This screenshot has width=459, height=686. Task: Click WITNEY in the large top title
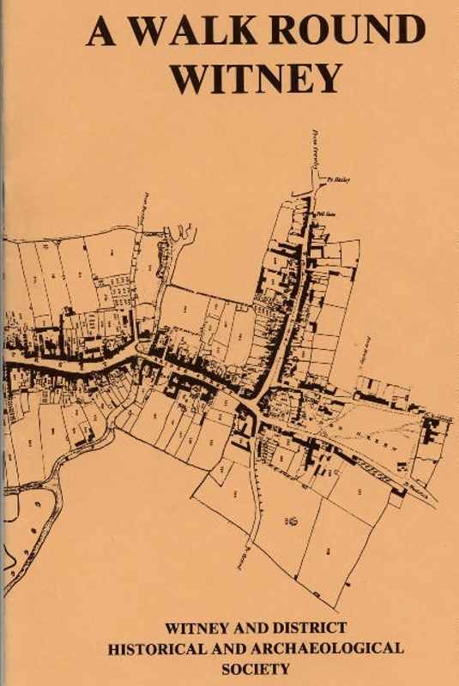pos(256,79)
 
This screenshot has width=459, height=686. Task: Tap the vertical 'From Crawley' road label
pos(314,152)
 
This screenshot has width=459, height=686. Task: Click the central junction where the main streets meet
pos(248,403)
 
